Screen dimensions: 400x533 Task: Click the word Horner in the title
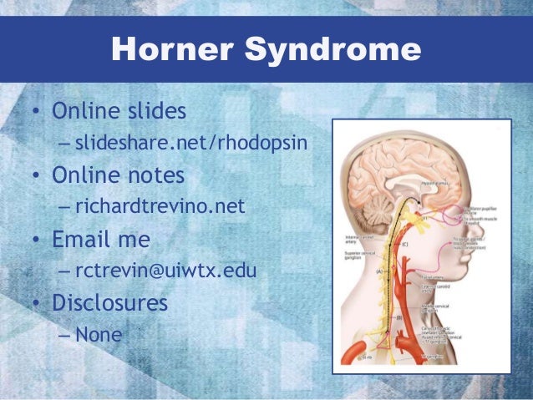coord(165,51)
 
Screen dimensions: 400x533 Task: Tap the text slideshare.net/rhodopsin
coord(192,145)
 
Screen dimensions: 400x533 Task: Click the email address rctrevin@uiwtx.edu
coord(165,271)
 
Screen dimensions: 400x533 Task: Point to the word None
coord(99,335)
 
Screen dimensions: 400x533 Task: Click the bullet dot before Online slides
coord(37,112)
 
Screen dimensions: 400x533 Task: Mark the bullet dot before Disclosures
coord(37,303)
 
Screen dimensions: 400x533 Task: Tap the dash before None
coord(65,335)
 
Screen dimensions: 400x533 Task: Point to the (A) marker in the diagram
coord(379,271)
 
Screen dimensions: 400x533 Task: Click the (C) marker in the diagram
coord(404,243)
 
